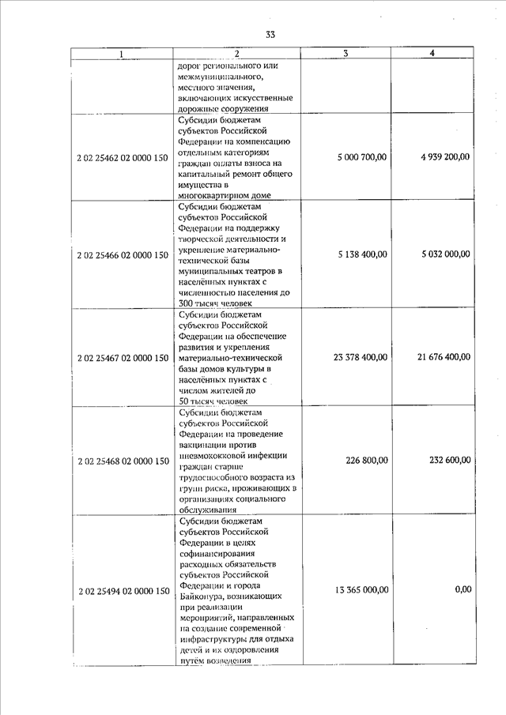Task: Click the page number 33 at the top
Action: pos(270,35)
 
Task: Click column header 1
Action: pos(121,54)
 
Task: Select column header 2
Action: pos(236,54)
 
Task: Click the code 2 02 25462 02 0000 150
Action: pos(123,157)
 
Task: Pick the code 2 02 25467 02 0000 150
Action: pos(123,358)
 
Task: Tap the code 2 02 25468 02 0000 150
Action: pos(123,461)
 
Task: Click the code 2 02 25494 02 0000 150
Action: pos(123,590)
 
